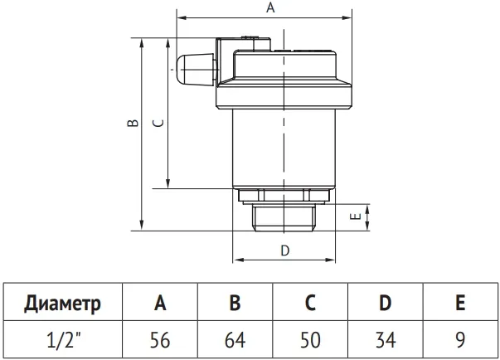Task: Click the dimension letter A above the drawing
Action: [270, 7]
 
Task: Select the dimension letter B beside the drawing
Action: [133, 123]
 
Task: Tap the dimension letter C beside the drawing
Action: [158, 123]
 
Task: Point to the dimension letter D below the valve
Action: [284, 251]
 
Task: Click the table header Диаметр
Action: [62, 303]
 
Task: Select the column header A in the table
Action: [160, 302]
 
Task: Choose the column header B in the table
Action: [235, 302]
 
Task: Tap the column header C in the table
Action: [310, 302]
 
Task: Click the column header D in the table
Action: [386, 302]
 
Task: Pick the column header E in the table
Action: [460, 302]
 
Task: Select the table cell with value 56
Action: [160, 340]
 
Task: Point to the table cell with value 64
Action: [235, 340]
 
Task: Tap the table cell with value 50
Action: [310, 340]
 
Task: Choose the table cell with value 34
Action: [386, 340]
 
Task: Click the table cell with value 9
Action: [460, 340]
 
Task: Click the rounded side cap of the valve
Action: [195, 70]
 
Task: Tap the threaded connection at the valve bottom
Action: [284, 217]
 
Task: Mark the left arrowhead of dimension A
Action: [181, 17]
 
